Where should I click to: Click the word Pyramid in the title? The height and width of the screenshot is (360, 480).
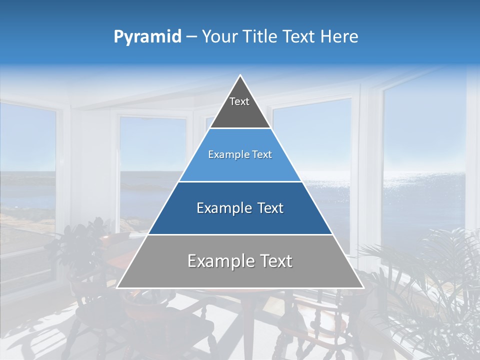(x=147, y=37)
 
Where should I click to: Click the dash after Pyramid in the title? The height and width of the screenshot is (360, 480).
(x=191, y=37)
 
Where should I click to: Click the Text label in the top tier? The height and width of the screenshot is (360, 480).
(x=239, y=101)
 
